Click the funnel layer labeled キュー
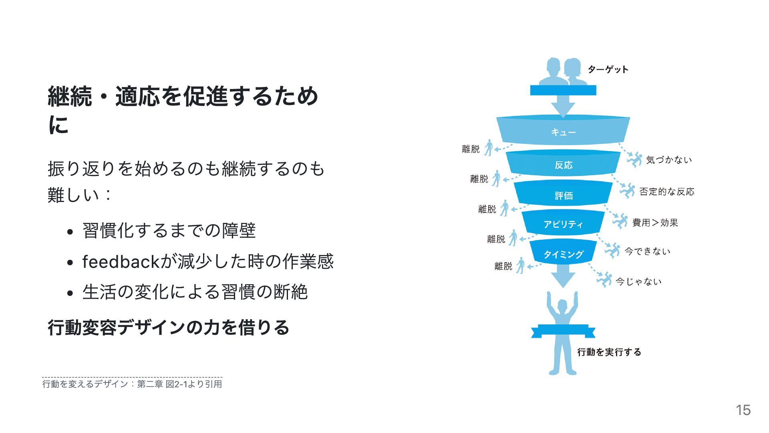(x=563, y=132)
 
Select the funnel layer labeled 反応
(x=563, y=165)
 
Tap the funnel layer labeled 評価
(x=563, y=195)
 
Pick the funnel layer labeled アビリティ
(x=563, y=224)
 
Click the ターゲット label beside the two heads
(x=608, y=70)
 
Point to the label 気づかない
(x=669, y=160)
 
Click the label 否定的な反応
(x=666, y=192)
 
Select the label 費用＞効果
(x=655, y=223)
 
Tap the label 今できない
(x=647, y=251)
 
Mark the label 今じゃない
(x=638, y=281)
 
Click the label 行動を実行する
(x=609, y=352)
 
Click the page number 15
(x=743, y=410)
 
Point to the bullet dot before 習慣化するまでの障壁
(x=70, y=232)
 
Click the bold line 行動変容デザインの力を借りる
(x=168, y=327)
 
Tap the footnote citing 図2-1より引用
(x=132, y=384)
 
